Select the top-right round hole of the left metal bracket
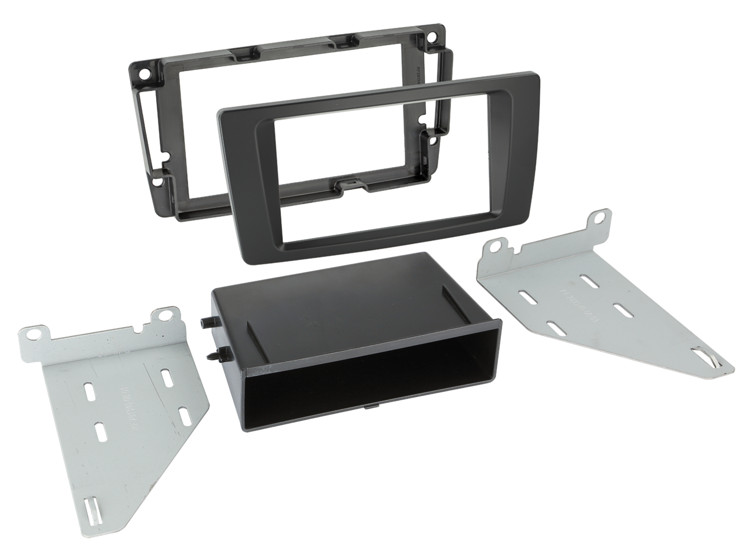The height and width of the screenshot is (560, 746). click(164, 316)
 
